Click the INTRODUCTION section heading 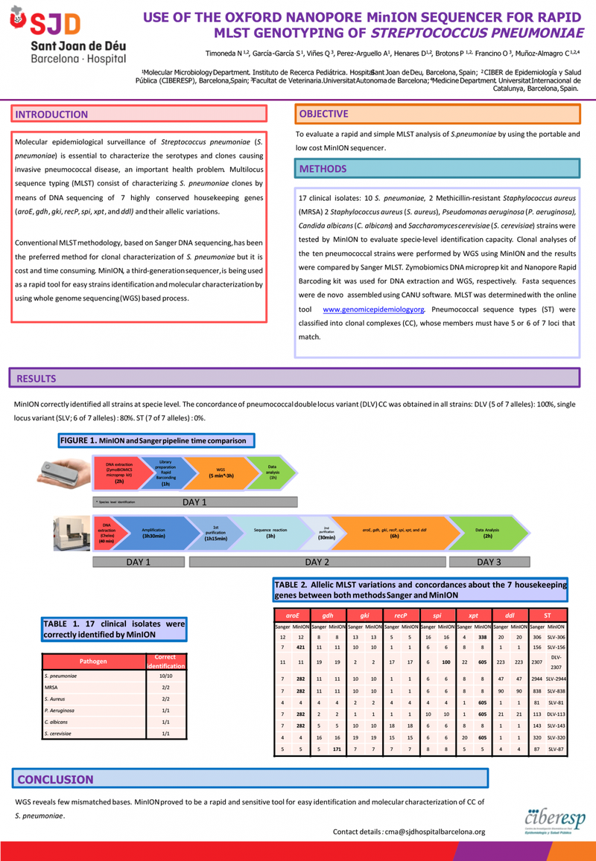coord(51,115)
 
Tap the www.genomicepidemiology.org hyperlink coord(373,309)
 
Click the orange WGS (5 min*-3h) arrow coord(221,472)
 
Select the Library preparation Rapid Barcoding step coord(165,472)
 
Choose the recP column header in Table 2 coord(400,616)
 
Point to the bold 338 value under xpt coord(482,637)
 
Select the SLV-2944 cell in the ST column coord(556,679)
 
